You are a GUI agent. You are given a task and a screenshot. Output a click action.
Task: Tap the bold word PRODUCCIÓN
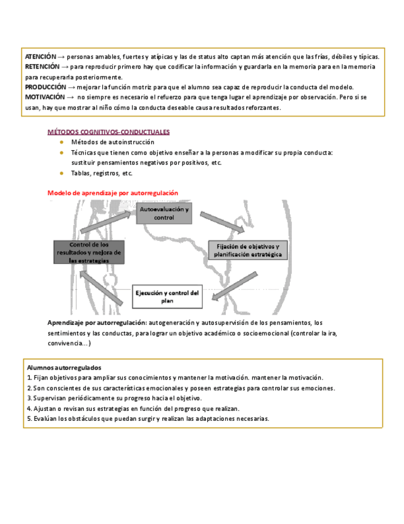(x=45, y=87)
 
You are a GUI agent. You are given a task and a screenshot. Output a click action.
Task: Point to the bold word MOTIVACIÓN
(x=45, y=97)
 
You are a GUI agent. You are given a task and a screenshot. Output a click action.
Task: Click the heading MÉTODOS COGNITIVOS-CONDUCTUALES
(x=109, y=132)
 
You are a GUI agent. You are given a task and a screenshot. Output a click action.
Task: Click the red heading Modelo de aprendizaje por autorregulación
(x=113, y=193)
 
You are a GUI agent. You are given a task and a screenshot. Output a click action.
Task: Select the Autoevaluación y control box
(x=164, y=214)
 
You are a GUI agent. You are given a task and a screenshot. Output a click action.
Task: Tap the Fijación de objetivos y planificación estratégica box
(x=247, y=250)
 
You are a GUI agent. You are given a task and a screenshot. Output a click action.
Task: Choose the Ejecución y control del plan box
(x=167, y=296)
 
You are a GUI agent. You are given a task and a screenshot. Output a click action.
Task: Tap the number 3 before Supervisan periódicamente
(x=30, y=399)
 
